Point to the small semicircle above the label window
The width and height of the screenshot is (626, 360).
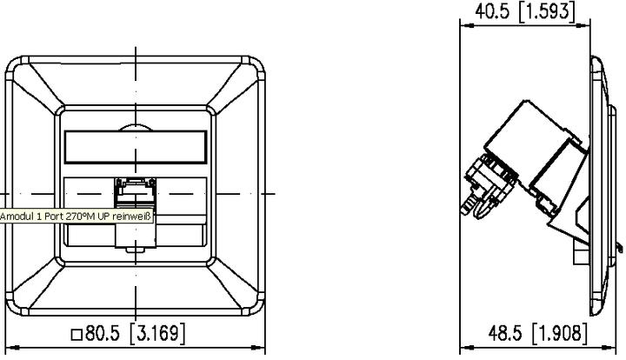coord(135,127)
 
